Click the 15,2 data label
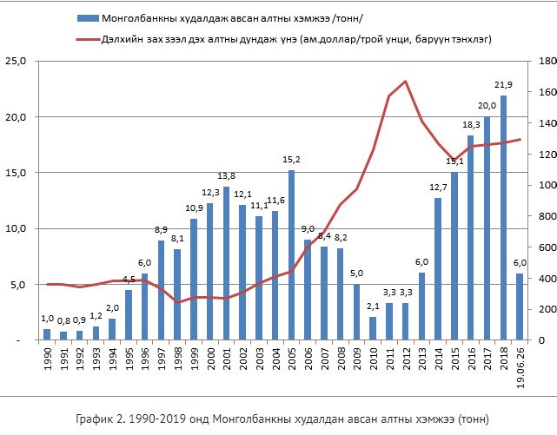(291, 160)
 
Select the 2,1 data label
(373, 306)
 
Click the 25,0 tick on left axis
(17, 61)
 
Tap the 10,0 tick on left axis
(17, 228)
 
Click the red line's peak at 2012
(406, 82)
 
